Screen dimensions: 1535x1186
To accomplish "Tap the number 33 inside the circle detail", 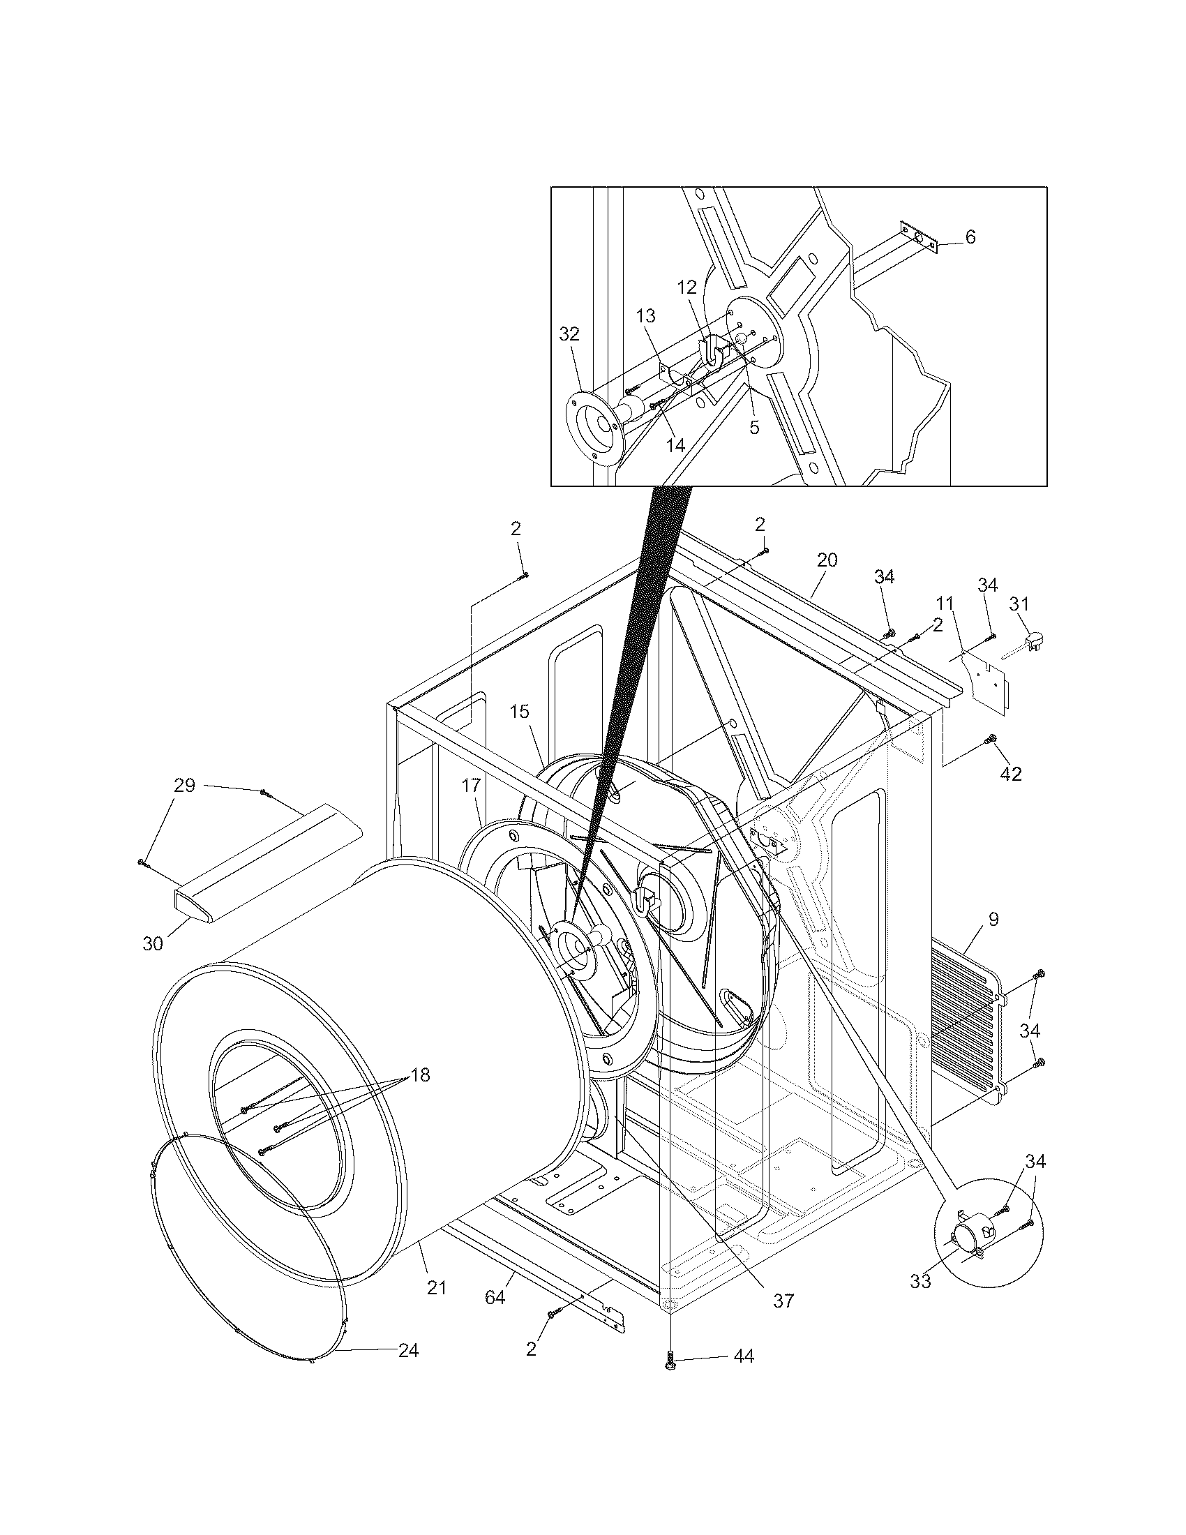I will [920, 1281].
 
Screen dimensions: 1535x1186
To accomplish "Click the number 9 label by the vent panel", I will [993, 919].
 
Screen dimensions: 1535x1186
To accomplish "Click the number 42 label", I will [1011, 774].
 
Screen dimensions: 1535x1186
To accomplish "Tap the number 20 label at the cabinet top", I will [827, 560].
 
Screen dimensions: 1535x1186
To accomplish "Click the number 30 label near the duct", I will [153, 943].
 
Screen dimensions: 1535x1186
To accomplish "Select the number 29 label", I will [184, 785].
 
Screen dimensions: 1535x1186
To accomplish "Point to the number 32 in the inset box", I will [569, 334].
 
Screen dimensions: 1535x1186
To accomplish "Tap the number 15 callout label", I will [519, 711].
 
